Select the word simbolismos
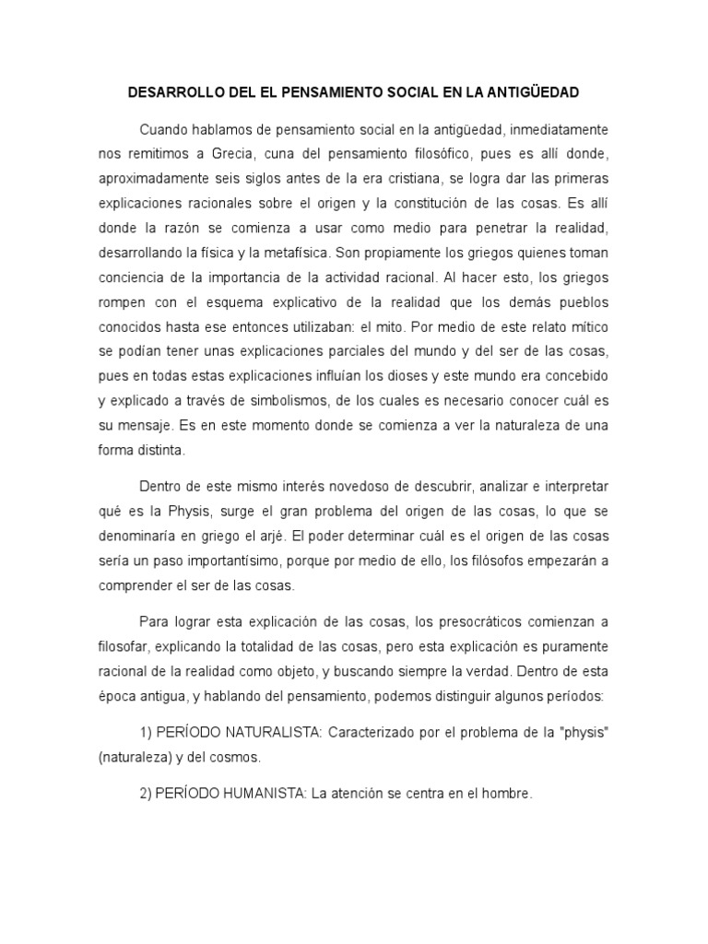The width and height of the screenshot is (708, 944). coord(290,401)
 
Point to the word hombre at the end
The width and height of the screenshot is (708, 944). coord(509,793)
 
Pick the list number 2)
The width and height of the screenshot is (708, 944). coord(146,793)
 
